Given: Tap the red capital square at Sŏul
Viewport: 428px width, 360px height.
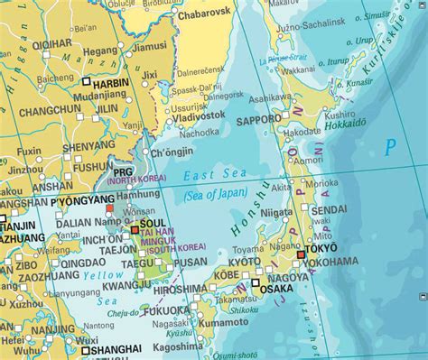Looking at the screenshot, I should coord(135,230).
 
